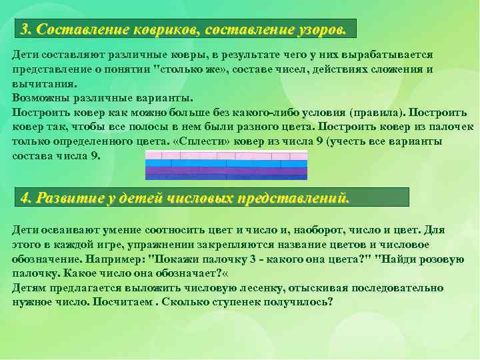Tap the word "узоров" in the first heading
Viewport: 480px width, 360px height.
click(x=316, y=29)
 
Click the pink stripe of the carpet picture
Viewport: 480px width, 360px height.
click(x=226, y=155)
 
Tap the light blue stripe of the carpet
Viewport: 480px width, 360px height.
click(x=226, y=163)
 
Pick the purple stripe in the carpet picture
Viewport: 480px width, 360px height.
click(x=226, y=171)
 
